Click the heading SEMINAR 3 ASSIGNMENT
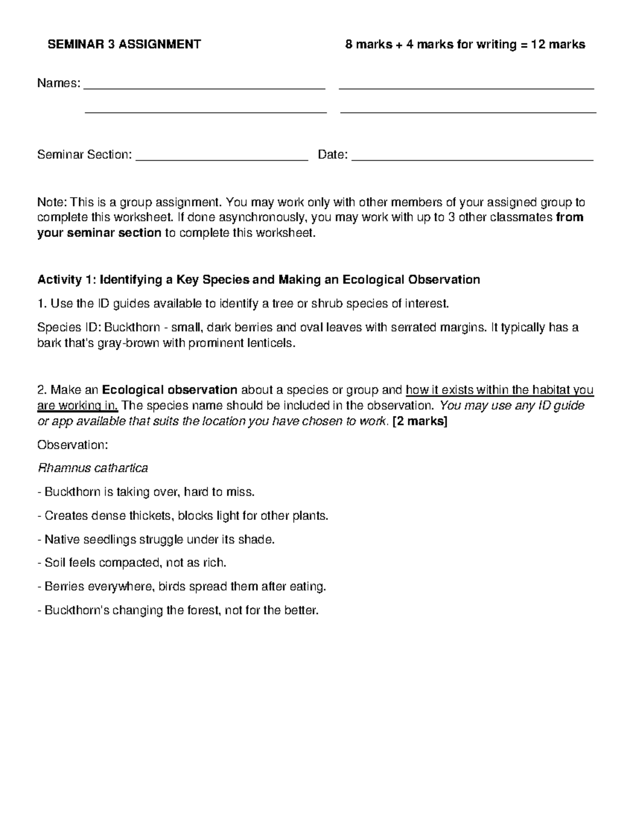tap(124, 44)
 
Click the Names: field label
tap(58, 83)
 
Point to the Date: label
tap(332, 155)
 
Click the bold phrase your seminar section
tap(99, 233)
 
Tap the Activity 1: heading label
tap(66, 280)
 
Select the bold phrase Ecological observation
tap(169, 390)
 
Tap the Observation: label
tap(72, 445)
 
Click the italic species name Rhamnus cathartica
tap(92, 468)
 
